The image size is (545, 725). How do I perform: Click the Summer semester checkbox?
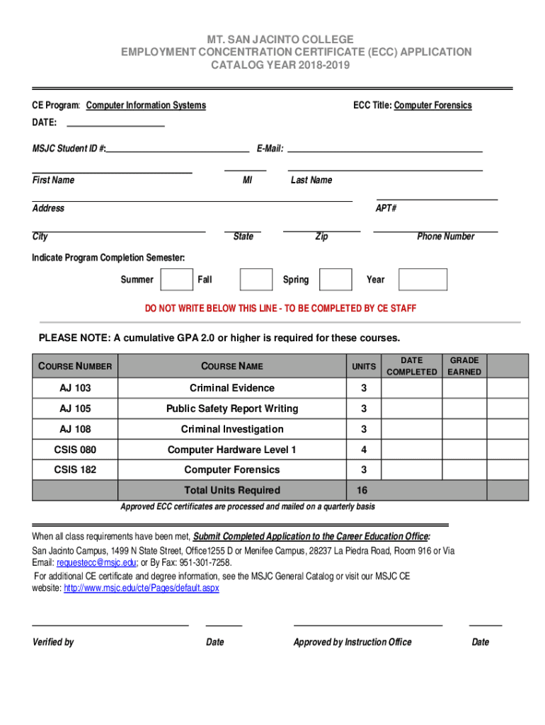[x=176, y=280]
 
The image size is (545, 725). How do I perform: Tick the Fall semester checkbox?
[x=256, y=280]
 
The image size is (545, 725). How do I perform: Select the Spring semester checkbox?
[x=335, y=280]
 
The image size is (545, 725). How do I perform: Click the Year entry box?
[x=423, y=280]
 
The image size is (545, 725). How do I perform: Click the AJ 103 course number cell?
[x=75, y=388]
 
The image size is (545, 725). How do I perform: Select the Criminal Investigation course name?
[x=232, y=429]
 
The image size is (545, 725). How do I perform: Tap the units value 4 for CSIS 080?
[x=364, y=450]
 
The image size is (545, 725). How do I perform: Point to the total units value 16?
[x=362, y=490]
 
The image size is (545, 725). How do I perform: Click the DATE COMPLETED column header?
[x=412, y=366]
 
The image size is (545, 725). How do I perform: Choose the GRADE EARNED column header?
[x=464, y=366]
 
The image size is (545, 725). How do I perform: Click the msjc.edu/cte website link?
[x=141, y=588]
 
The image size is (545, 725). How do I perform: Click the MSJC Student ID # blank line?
[x=178, y=149]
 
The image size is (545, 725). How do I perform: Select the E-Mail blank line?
[x=384, y=149]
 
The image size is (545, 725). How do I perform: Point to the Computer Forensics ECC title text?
[x=432, y=105]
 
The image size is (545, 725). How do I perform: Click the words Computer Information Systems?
[x=146, y=105]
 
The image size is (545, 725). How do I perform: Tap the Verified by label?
[x=53, y=642]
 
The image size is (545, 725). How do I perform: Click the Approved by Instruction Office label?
[x=352, y=642]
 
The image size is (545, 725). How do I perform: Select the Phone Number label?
[x=445, y=236]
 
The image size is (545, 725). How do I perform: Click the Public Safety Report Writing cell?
[x=232, y=409]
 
